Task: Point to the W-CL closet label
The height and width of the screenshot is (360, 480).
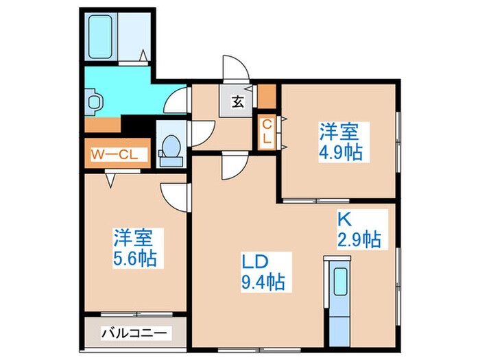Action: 115,154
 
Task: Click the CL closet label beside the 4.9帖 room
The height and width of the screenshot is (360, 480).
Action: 267,132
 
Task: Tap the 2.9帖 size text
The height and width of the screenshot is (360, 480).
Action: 359,240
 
